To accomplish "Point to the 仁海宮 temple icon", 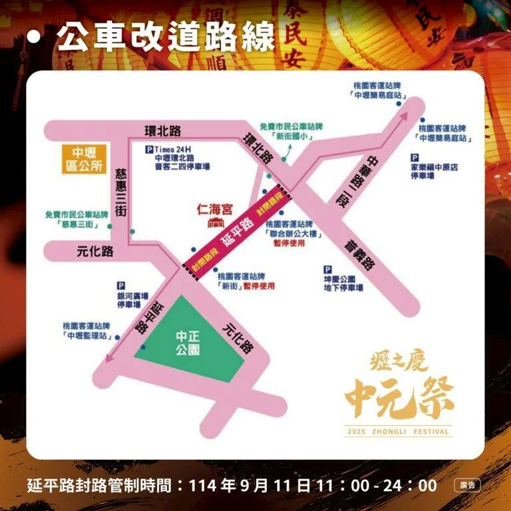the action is [x=215, y=222].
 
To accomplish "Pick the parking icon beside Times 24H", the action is [x=148, y=150].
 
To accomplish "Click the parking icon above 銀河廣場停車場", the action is [x=121, y=284].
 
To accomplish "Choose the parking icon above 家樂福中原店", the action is [x=415, y=158].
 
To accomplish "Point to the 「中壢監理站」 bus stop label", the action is [x=87, y=336].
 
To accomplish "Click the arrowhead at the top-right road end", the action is [x=404, y=116].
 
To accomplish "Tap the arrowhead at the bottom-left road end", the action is [x=108, y=361].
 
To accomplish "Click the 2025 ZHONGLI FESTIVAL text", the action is [x=398, y=432].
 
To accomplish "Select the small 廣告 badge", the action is [x=467, y=486].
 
